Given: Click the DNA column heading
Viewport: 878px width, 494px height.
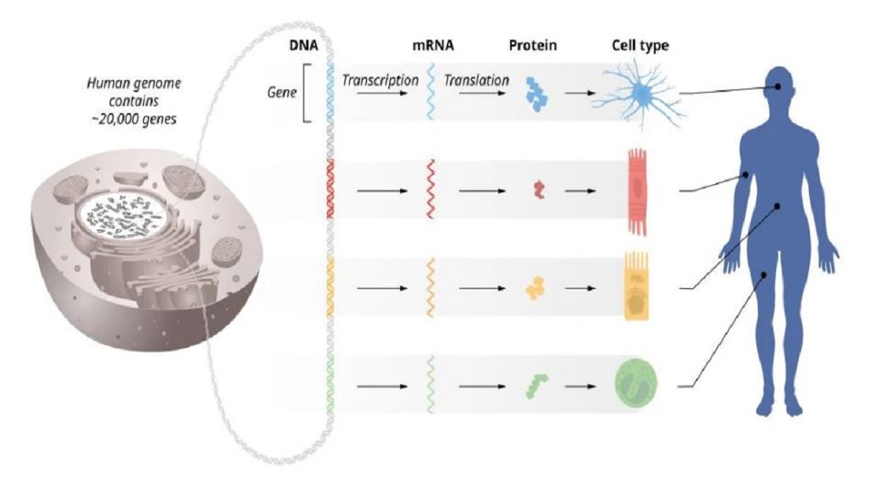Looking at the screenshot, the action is pos(304,45).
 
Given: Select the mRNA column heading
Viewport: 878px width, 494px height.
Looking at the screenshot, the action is pos(433,45).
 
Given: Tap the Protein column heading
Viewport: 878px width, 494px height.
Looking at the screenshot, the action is pos(532,45).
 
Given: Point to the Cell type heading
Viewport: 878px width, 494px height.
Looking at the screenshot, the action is pos(640,45).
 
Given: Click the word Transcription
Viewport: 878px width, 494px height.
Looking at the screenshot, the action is pos(380,81).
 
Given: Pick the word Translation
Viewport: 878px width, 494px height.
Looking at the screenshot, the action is pos(476,81).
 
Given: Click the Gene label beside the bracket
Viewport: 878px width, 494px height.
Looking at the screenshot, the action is pos(282,92).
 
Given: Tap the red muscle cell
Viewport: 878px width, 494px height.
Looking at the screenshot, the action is pos(638,192).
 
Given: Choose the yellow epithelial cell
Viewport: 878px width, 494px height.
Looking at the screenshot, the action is pos(637,287).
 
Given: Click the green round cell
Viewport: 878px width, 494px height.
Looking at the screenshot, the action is pos(636,383).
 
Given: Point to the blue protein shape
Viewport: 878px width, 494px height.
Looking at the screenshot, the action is pos(537,93).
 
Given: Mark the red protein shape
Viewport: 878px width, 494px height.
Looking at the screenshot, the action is pos(539,189).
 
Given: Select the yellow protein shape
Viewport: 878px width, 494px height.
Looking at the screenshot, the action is pos(534,287).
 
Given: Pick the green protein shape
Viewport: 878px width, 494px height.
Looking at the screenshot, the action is pos(536,386).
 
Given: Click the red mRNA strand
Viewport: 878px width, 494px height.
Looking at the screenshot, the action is pos(430,189).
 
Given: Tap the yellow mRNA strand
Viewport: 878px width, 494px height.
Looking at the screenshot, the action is pos(430,287).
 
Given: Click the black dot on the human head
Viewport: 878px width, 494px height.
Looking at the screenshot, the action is pos(778,86).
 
